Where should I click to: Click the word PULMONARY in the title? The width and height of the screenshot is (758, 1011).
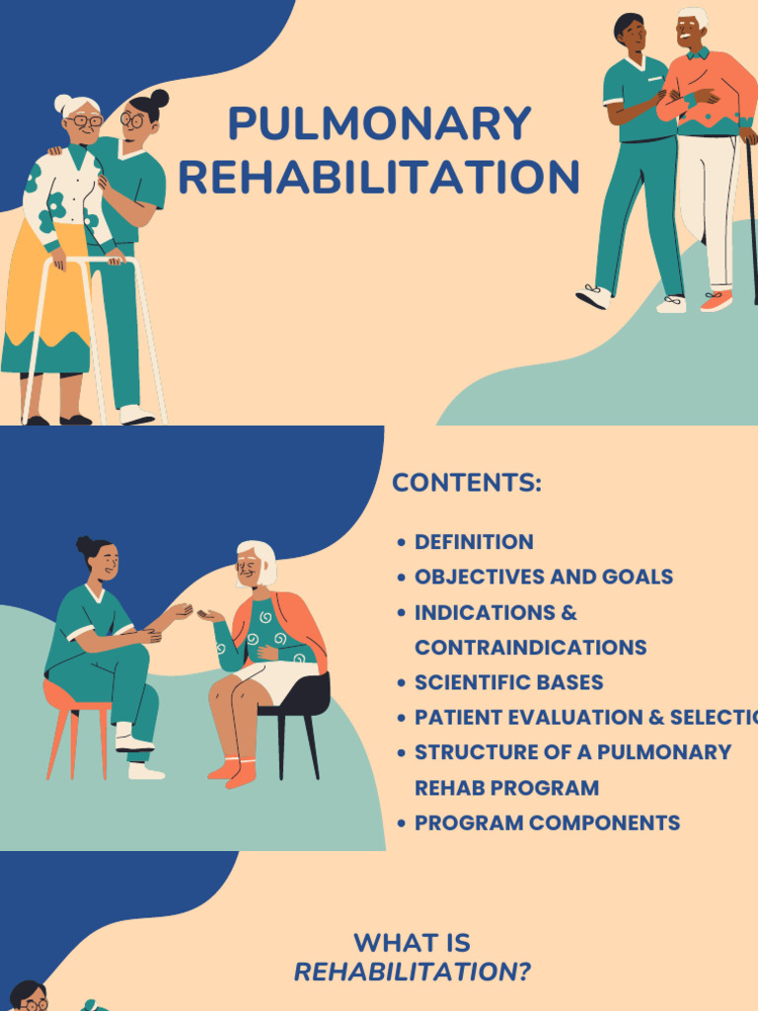pyautogui.click(x=379, y=124)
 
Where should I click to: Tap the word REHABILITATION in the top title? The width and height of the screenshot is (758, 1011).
pyautogui.click(x=379, y=178)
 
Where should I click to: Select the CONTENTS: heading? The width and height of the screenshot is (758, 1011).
pyautogui.click(x=467, y=484)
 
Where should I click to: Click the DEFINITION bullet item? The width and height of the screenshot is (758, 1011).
pyautogui.click(x=474, y=542)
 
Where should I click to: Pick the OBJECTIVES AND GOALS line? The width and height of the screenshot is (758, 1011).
pyautogui.click(x=544, y=577)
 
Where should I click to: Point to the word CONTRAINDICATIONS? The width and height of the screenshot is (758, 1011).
pyautogui.click(x=530, y=648)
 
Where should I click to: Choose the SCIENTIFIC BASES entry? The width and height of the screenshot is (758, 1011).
pyautogui.click(x=508, y=682)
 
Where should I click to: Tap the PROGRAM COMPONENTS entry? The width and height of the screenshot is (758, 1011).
pyautogui.click(x=547, y=822)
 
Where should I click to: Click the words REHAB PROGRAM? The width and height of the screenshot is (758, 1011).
pyautogui.click(x=506, y=788)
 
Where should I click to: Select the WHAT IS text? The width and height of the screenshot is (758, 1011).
pyautogui.click(x=413, y=943)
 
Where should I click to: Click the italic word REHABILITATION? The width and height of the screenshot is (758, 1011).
pyautogui.click(x=413, y=972)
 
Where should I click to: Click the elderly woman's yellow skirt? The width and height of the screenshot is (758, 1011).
pyautogui.click(x=39, y=296)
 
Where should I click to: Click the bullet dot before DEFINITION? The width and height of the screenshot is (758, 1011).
pyautogui.click(x=401, y=543)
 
